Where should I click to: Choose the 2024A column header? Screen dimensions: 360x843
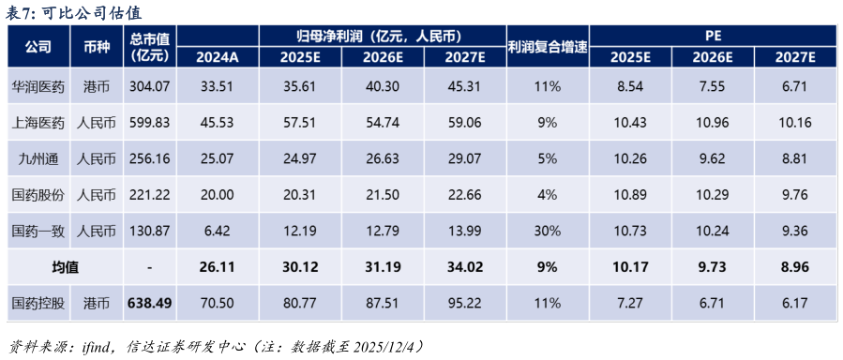click(x=218, y=56)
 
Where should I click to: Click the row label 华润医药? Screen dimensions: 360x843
click(x=38, y=87)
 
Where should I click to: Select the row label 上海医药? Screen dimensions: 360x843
click(x=38, y=123)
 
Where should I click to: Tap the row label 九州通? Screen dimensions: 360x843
click(x=38, y=158)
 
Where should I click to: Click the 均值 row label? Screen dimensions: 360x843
click(x=65, y=267)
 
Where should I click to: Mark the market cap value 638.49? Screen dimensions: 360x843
click(x=150, y=303)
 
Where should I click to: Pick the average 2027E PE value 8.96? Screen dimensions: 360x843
click(x=794, y=267)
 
